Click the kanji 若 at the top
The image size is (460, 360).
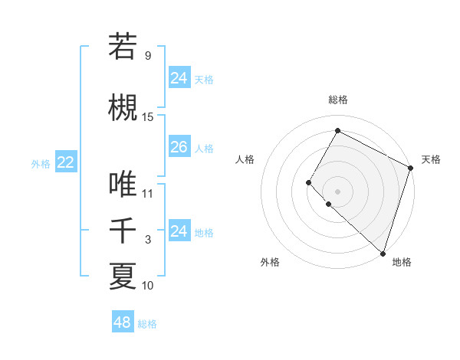click(123, 47)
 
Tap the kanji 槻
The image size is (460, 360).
click(123, 108)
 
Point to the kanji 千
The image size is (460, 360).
click(123, 231)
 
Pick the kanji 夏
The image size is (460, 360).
click(123, 277)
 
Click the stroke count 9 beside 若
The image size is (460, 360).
click(147, 55)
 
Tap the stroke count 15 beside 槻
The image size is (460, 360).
click(148, 116)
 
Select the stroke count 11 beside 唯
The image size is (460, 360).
click(148, 193)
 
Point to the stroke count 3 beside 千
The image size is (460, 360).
click(148, 239)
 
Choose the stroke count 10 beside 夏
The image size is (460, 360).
click(148, 285)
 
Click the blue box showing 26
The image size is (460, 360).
click(179, 147)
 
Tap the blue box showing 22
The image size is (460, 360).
click(66, 162)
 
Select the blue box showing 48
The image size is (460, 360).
click(123, 322)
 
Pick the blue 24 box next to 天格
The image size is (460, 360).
click(179, 78)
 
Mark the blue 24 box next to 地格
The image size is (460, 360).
click(179, 231)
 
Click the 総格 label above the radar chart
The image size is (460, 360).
click(338, 100)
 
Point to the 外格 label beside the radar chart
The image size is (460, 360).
click(270, 262)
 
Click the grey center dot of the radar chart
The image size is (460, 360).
click(337, 191)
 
